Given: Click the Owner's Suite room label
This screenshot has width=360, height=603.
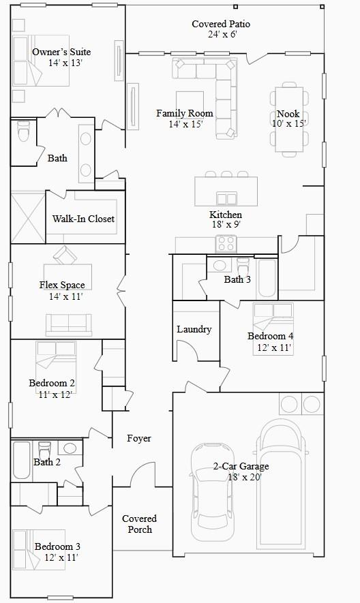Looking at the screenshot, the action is tap(61, 52).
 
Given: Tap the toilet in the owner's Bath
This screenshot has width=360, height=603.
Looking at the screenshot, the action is tap(23, 131).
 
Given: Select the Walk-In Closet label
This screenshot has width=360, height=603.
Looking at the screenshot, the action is tap(83, 219).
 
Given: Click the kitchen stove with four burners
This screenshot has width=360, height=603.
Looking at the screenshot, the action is tap(226, 243).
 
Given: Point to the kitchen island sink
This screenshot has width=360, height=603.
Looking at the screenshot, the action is tap(226, 198).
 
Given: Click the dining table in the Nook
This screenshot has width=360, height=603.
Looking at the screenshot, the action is tap(289, 120).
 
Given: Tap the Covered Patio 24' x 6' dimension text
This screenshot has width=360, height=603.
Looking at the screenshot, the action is tap(222, 34).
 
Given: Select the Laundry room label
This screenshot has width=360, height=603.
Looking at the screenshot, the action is tap(194, 329).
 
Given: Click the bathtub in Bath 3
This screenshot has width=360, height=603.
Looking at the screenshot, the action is tap(267, 279).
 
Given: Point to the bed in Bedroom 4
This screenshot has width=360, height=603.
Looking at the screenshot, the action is tap(273, 329).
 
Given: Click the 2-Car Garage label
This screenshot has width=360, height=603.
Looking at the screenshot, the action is tap(241, 467).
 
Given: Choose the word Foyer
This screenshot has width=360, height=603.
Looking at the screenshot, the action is tap(139, 438).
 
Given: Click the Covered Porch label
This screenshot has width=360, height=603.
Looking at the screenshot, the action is tap(139, 524).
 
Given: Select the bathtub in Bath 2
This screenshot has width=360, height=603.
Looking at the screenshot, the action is tap(22, 460).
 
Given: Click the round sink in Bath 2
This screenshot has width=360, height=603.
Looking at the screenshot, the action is tap(70, 448).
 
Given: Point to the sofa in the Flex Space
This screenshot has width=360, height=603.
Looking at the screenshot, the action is tap(69, 324).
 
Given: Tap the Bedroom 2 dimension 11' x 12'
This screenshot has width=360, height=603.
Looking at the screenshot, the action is tap(55, 395).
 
